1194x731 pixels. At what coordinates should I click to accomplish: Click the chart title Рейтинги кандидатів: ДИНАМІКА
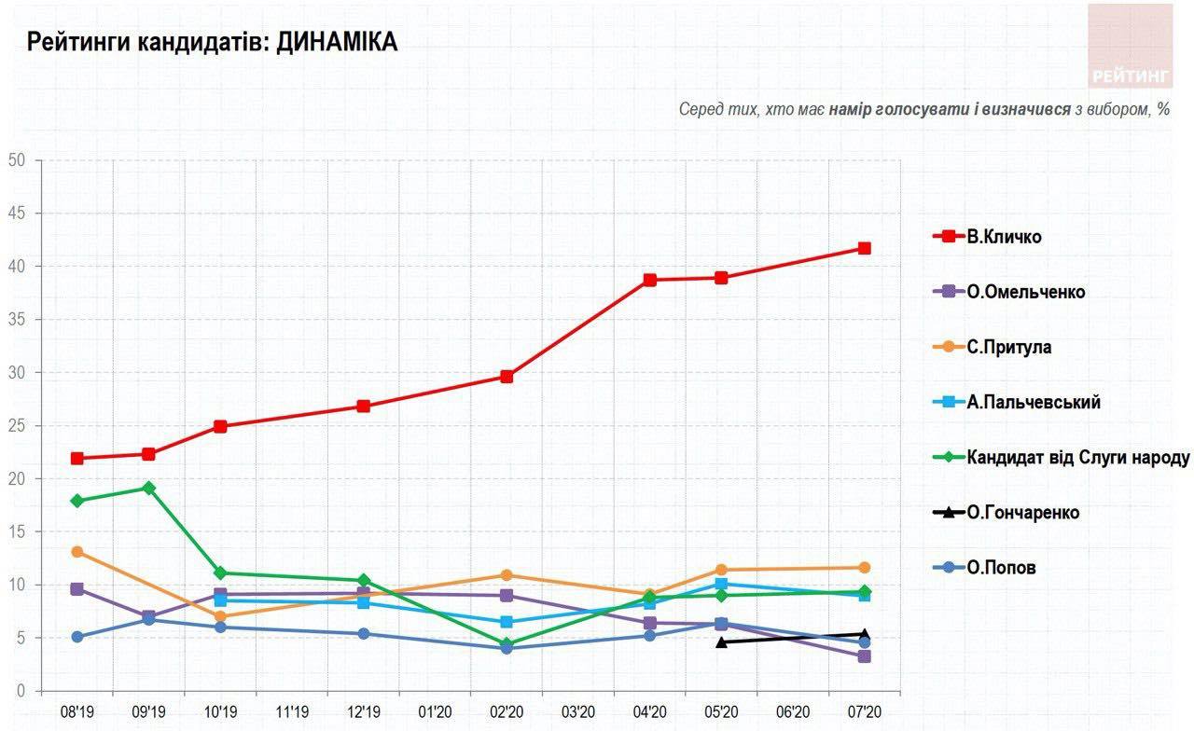tap(212, 42)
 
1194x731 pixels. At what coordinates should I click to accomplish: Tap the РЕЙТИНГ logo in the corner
tap(1130, 47)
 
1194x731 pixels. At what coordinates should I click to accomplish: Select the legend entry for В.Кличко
tap(1003, 237)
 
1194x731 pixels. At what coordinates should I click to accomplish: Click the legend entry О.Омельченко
tap(1025, 292)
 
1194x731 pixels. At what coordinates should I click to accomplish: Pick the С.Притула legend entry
tap(1008, 347)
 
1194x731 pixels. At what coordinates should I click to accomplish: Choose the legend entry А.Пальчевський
tap(1033, 402)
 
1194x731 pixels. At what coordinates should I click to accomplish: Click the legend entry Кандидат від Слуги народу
tap(1077, 457)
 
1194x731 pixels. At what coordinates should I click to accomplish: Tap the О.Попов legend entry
tap(1001, 567)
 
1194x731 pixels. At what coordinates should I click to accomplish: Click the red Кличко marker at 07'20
tap(865, 248)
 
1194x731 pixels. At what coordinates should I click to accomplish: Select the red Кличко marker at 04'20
tap(649, 280)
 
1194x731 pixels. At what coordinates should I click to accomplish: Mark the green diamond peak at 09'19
tap(149, 488)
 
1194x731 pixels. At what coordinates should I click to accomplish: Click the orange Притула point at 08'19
tap(77, 552)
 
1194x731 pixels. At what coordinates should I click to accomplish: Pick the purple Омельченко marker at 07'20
tap(865, 656)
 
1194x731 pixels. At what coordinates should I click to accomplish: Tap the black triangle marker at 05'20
tap(721, 641)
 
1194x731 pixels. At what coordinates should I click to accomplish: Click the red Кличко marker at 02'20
tap(507, 377)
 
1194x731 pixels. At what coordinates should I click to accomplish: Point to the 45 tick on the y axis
tap(16, 214)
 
